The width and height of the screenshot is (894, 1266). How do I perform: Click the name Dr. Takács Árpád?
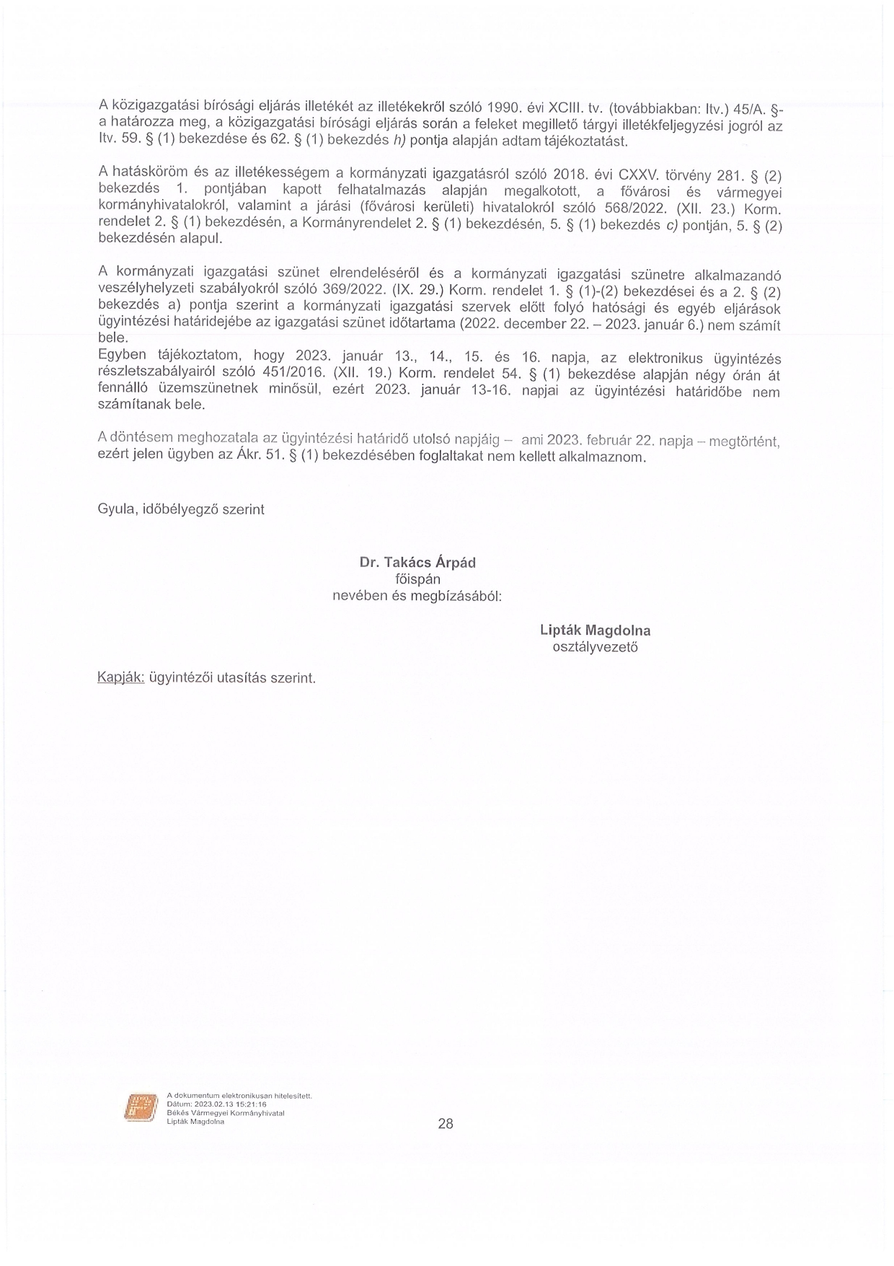(417, 563)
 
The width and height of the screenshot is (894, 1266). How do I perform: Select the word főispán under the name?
(417, 579)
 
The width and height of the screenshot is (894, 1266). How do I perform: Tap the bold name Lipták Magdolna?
(595, 630)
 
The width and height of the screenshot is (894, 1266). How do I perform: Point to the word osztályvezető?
(595, 647)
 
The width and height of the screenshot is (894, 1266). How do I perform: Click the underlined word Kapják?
(121, 678)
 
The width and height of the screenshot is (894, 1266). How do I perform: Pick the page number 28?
(446, 1123)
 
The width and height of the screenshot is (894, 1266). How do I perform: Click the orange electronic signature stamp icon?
(141, 1107)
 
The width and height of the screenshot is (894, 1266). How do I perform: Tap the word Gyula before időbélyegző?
(114, 509)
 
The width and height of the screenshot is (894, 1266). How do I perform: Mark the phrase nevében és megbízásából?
(417, 597)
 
